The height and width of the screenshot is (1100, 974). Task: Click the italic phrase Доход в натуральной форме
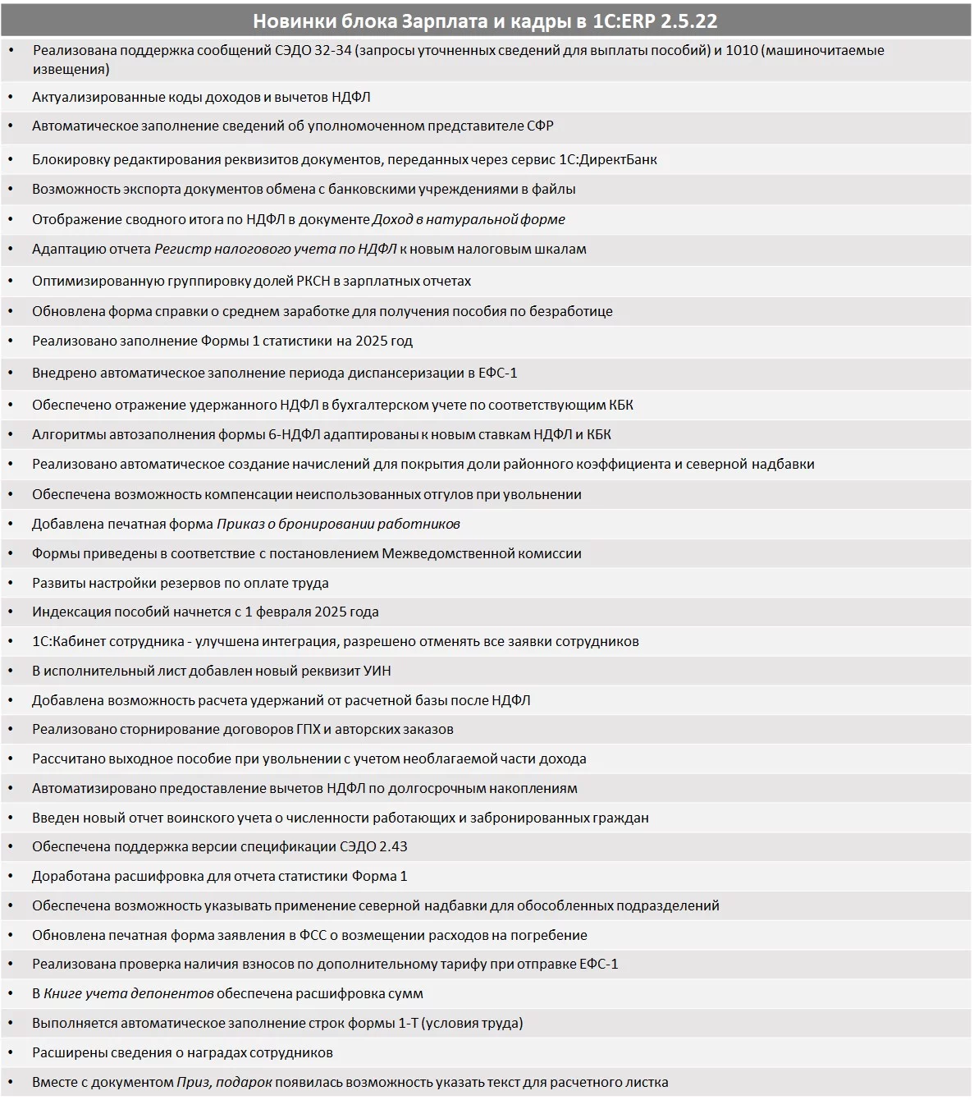click(469, 219)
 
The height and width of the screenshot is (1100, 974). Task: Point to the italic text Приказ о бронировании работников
click(338, 524)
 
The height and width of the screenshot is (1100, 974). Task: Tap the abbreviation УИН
click(377, 671)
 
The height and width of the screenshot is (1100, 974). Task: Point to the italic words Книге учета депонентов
click(128, 993)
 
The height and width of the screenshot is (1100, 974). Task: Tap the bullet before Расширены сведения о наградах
click(11, 1052)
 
